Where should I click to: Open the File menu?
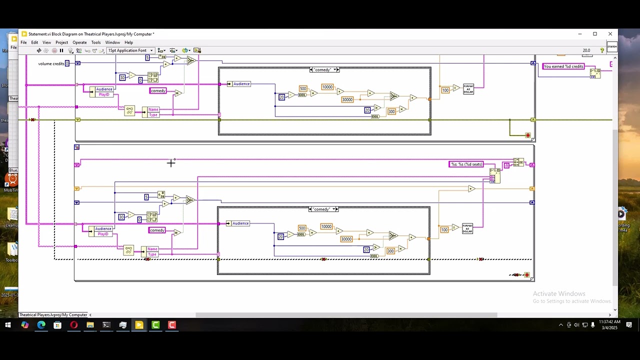[x=23, y=42]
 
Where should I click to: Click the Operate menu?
[x=79, y=42]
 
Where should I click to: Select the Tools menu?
[x=95, y=42]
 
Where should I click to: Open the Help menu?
[x=128, y=42]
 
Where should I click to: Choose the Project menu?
[x=61, y=42]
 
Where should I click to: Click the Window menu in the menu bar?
[x=112, y=42]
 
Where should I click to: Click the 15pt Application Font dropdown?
[x=130, y=50]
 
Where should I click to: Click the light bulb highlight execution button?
[x=70, y=50]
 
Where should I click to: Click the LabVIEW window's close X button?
[x=610, y=34]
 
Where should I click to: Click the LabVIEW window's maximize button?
[x=595, y=34]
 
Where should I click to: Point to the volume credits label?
[x=51, y=63]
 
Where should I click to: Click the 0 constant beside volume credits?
[x=67, y=63]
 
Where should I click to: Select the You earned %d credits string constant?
[x=563, y=66]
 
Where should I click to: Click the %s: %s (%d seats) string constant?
[x=466, y=164]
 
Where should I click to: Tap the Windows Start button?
[x=8, y=325]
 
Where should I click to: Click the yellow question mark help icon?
[x=602, y=50]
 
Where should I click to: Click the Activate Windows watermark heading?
[x=559, y=293]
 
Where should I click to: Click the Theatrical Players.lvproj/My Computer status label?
[x=53, y=315]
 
